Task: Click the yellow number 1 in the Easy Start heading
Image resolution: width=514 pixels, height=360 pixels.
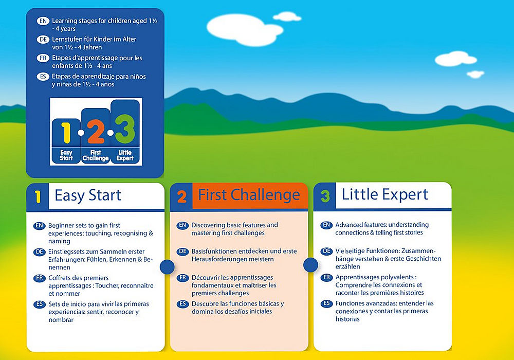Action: point(38,197)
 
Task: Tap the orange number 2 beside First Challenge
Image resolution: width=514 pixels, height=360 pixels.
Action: point(181,197)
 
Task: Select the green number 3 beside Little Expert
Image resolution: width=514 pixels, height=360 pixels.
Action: point(325,196)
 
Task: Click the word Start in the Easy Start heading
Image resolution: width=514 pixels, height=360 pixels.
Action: point(105,195)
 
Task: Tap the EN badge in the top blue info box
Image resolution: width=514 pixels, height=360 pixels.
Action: point(43,21)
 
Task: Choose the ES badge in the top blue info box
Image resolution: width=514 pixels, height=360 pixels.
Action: point(43,77)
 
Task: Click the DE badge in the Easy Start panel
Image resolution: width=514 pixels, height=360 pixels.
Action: point(40,252)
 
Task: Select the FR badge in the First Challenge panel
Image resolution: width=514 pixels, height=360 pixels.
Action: point(182,278)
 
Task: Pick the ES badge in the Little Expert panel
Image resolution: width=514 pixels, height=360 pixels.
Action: point(326,303)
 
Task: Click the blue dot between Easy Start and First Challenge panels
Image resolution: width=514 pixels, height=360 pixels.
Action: point(167,267)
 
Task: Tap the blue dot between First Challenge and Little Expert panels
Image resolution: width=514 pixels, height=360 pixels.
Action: point(310,264)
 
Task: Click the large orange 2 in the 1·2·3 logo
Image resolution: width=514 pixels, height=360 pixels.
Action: point(96,132)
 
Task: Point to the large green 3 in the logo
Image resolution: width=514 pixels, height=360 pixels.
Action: point(125,129)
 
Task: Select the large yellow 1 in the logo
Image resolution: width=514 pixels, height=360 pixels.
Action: point(66,133)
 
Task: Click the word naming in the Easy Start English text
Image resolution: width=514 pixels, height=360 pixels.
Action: point(59,241)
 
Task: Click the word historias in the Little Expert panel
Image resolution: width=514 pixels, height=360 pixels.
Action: point(347,319)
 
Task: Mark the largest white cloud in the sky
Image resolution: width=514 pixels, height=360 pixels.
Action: point(244,29)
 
